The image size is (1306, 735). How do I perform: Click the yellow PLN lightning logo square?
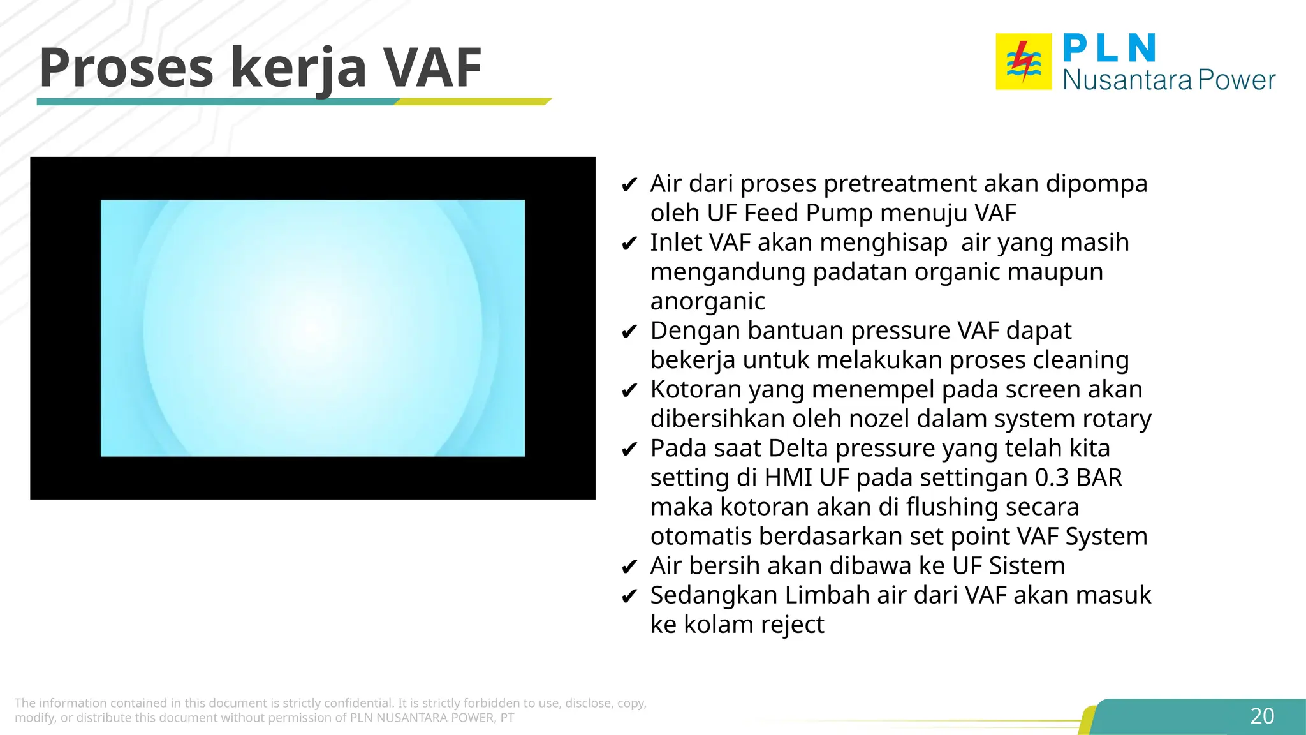(1024, 62)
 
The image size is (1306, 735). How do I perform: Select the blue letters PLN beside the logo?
(1110, 48)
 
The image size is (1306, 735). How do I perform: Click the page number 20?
(1262, 716)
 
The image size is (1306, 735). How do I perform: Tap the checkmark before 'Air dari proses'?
(629, 185)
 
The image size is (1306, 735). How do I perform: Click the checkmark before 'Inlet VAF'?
(629, 244)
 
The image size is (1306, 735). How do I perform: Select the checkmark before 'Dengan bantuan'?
(629, 332)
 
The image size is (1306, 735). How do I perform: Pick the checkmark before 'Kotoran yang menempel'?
(629, 390)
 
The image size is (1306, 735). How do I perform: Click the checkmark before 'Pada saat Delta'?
(629, 449)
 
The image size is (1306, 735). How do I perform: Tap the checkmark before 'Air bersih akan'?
(629, 567)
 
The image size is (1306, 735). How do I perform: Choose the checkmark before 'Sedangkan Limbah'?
(629, 596)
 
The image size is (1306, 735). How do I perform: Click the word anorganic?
(708, 301)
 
